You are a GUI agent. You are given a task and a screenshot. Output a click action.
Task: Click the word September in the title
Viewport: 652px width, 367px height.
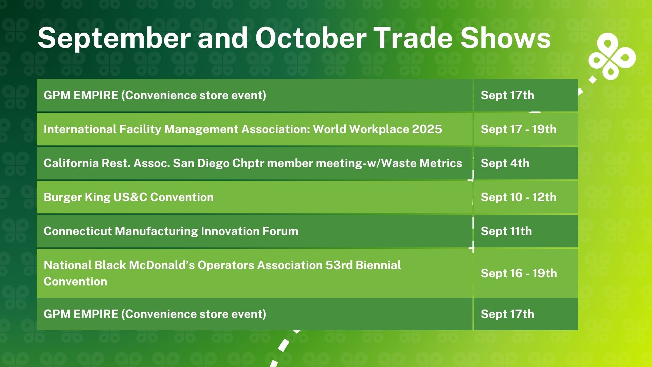114,39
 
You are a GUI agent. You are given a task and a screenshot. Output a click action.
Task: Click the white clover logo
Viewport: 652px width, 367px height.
612,57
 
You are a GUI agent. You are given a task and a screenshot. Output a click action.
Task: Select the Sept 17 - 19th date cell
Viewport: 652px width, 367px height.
526,129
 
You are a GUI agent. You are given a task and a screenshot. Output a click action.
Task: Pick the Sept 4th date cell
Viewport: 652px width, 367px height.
526,163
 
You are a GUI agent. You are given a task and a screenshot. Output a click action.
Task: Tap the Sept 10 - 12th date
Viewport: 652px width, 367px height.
519,197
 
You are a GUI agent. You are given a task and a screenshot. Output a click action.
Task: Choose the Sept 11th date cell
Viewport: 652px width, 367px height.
526,231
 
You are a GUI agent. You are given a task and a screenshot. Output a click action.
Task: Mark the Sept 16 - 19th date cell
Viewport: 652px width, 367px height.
526,273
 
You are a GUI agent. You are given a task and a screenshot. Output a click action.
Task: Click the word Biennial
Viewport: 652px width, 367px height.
378,265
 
